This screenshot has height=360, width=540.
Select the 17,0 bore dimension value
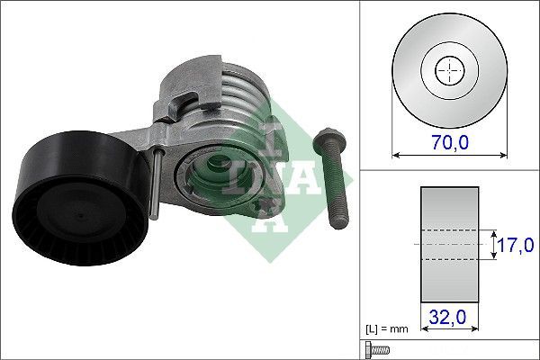click(x=517, y=243)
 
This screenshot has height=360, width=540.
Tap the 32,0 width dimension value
click(x=447, y=316)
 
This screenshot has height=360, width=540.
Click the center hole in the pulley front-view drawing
click(x=447, y=70)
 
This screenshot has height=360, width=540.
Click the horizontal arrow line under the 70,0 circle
click(x=447, y=155)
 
